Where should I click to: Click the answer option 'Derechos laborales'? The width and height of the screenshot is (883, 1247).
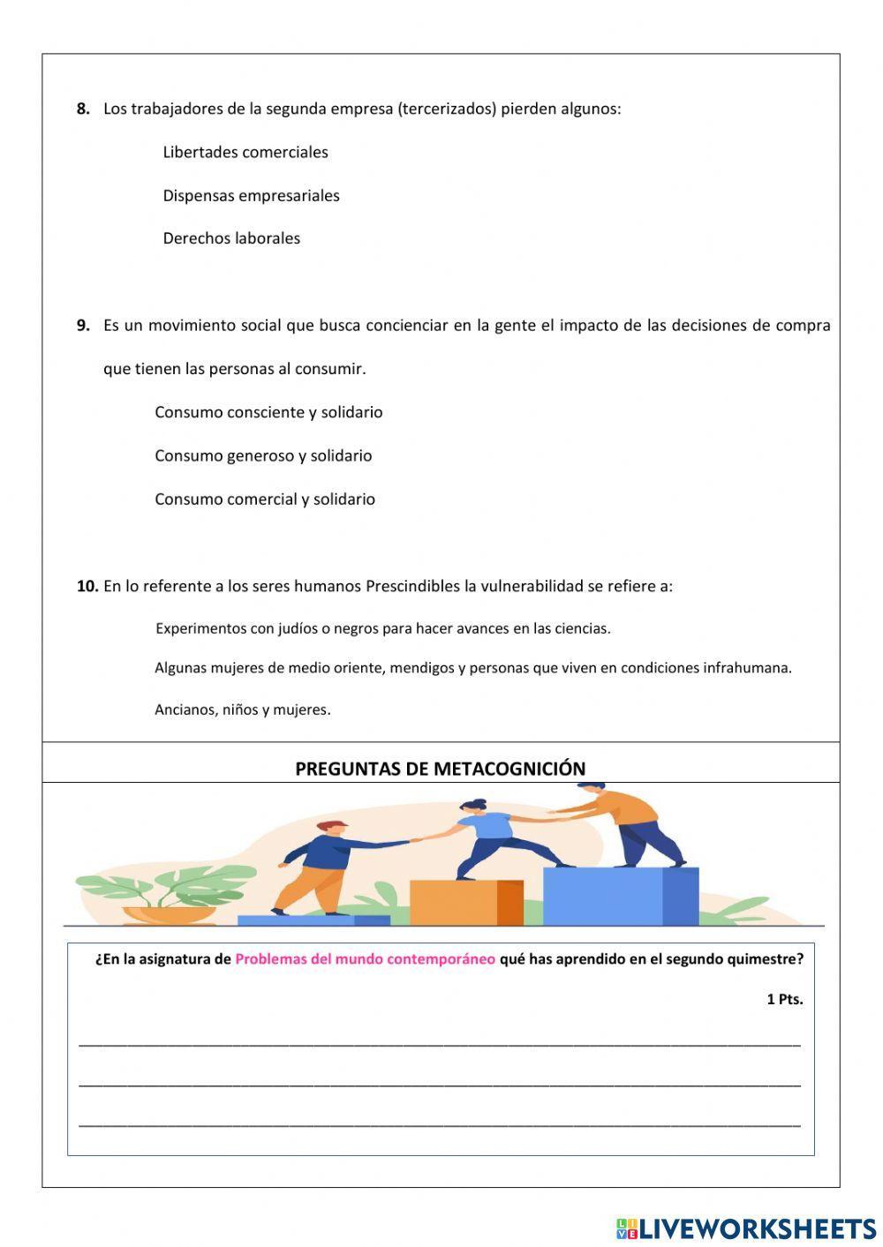coord(231,238)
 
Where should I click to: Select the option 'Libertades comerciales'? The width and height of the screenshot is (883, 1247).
coord(245,152)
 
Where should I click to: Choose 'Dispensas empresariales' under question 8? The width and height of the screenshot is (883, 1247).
coord(251,195)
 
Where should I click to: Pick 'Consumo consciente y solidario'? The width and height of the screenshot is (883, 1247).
coord(268,412)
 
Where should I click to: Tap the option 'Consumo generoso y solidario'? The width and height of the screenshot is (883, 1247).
coord(263,455)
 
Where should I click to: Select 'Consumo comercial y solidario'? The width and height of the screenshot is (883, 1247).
coord(265,499)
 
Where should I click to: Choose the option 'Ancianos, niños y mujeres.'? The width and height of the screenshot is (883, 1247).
coord(243,709)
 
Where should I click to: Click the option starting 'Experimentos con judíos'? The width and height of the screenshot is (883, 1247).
coord(382,628)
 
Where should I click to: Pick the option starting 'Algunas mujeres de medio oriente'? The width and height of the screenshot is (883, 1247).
coord(472,668)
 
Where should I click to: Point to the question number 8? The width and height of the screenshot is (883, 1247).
coord(83,109)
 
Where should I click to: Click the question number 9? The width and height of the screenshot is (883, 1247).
coord(83,325)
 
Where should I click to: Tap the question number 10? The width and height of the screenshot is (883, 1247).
coord(87,586)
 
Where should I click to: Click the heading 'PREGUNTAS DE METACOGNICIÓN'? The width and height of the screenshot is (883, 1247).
coord(440,769)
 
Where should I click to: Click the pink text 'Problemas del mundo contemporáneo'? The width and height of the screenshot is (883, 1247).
coord(365,959)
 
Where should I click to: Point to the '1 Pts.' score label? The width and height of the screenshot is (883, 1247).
coord(784,999)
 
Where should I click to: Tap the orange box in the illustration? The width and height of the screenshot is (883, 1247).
coord(466,902)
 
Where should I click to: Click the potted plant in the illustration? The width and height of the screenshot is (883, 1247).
coord(168,896)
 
